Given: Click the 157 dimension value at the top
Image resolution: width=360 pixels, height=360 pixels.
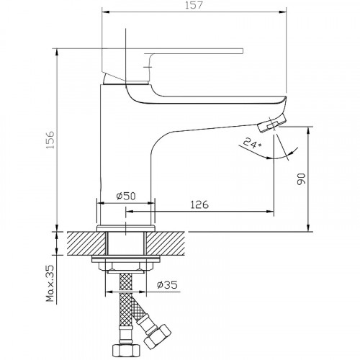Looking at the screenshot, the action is pos(194,5).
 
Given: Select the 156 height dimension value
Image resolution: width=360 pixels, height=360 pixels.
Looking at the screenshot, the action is pos(51,140).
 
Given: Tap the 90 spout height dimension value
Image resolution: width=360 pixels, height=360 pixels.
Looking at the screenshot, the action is pos(301,179).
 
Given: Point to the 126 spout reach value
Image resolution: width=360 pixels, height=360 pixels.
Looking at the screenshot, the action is pos(199,204).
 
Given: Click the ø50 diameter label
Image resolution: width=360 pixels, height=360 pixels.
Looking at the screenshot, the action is pos(126,196).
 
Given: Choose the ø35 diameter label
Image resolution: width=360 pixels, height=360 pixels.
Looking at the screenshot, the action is pos(167,284).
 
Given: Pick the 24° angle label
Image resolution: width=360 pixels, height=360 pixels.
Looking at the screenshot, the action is pos(253,143).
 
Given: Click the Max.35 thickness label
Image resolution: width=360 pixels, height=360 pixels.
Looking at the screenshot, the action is pos(50,283).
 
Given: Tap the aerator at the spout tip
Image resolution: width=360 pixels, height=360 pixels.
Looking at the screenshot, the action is pos(272,123).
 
